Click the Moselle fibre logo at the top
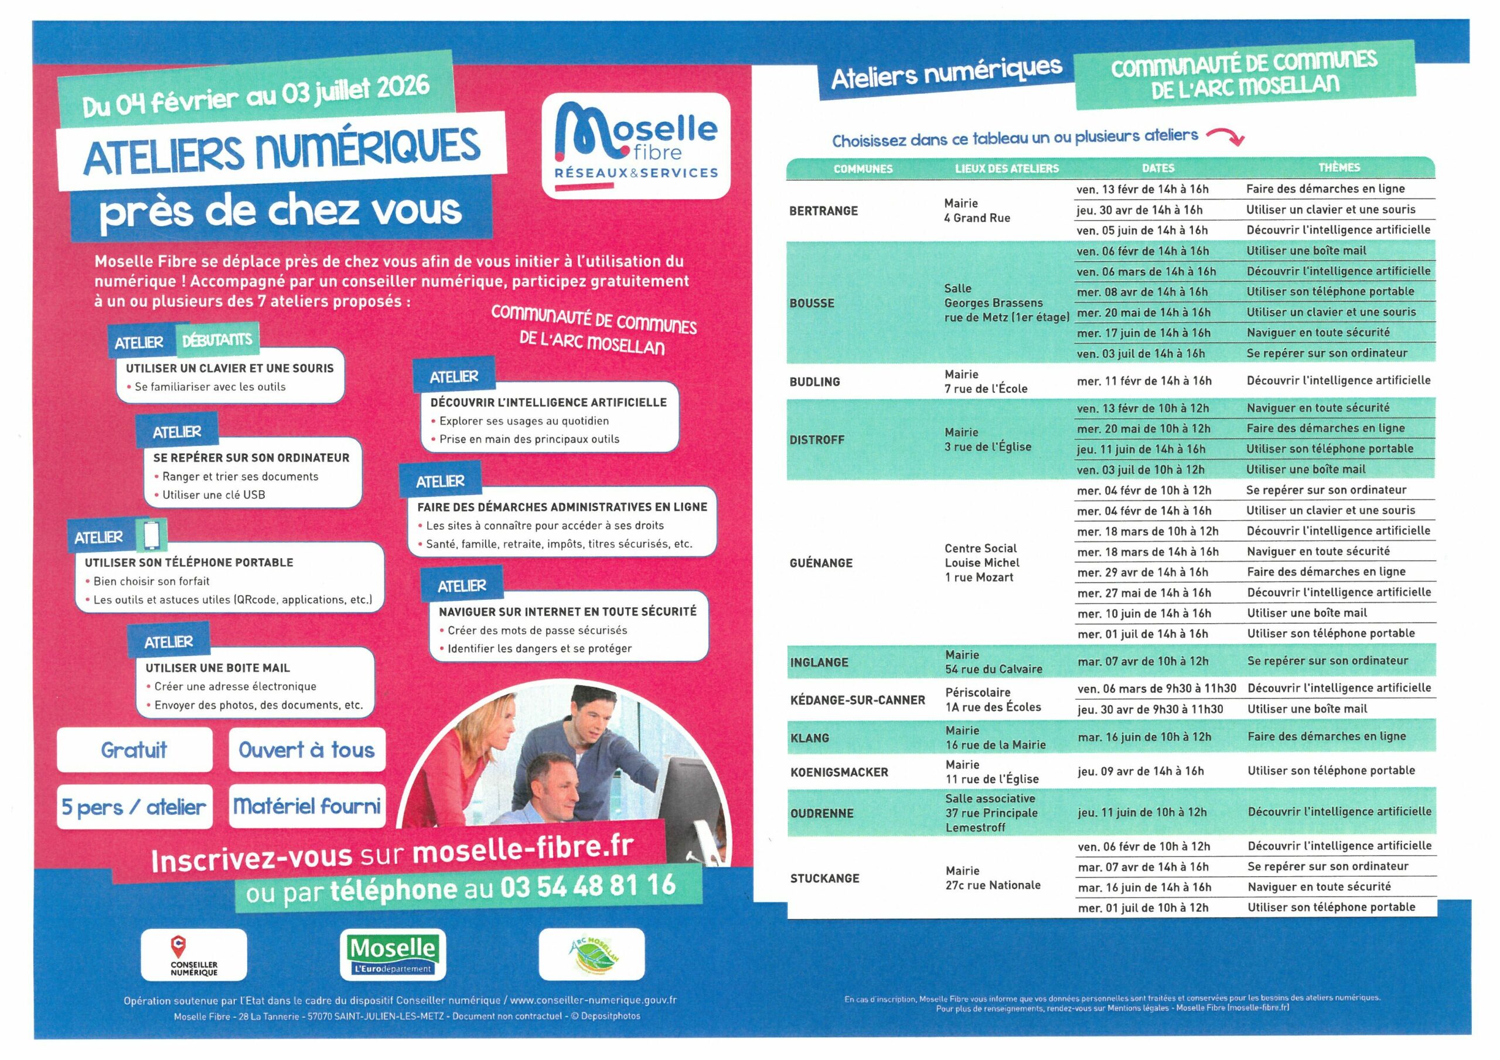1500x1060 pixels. point(636,145)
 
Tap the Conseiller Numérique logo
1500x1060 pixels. point(193,954)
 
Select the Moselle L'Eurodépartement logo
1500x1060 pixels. point(393,954)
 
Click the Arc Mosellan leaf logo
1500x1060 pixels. point(592,954)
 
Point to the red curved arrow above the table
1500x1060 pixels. point(1226,136)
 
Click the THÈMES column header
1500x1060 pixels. point(1339,168)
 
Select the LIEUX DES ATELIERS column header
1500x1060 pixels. point(1006,169)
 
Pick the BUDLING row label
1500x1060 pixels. point(814,381)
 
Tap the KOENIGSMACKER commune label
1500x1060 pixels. point(839,772)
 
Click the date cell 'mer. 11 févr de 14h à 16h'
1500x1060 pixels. point(1144,381)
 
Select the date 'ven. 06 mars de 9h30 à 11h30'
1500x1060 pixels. point(1157,688)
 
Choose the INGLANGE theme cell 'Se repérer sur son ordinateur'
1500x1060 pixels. point(1328,661)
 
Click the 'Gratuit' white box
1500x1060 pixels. point(135,750)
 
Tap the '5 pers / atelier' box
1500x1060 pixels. point(134,807)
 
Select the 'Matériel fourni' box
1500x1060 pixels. point(307,806)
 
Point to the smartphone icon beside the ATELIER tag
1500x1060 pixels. point(152,535)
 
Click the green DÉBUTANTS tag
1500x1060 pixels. point(217,340)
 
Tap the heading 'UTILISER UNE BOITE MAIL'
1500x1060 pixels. point(217,668)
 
